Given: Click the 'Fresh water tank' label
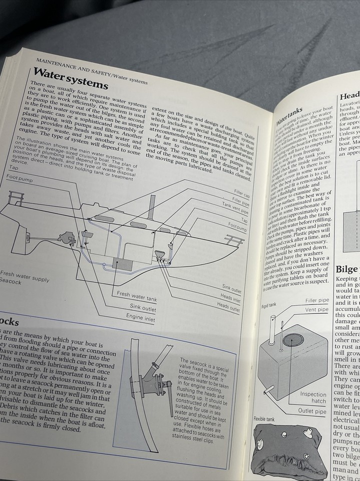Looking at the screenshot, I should click(137, 297).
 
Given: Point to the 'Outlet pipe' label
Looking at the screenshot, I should click(312, 411).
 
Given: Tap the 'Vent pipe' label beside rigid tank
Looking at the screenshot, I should click(316, 310).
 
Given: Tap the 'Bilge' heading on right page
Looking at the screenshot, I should click(347, 269).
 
